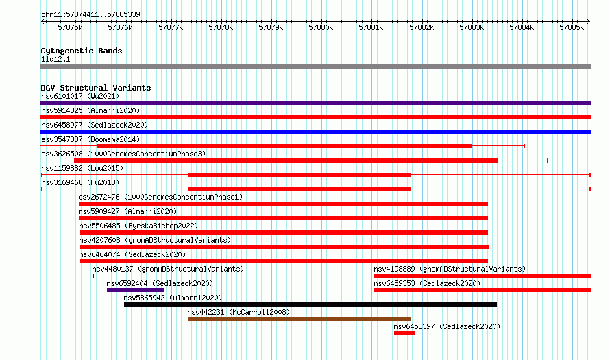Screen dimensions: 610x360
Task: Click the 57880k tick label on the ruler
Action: coord(321,27)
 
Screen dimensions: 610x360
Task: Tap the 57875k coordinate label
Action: coord(70,27)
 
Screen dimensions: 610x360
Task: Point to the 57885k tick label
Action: coord(572,27)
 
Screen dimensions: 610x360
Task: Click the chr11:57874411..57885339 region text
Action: coord(90,14)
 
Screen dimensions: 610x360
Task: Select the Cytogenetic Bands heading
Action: coord(82,51)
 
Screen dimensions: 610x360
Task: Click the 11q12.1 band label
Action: coord(56,59)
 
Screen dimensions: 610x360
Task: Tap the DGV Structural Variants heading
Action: coord(96,88)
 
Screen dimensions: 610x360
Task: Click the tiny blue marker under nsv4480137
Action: coord(93,276)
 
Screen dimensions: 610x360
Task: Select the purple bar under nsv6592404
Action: coord(136,290)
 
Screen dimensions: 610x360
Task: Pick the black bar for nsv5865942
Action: coord(310,304)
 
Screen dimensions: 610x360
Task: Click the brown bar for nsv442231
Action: coord(300,319)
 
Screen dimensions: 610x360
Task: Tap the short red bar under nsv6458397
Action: coord(404,333)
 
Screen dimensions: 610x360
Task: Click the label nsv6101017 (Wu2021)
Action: coord(80,96)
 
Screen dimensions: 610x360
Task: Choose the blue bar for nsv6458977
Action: coord(315,132)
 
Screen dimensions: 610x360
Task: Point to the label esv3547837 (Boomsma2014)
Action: coord(90,139)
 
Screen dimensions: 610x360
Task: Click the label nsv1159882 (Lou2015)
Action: coord(82,168)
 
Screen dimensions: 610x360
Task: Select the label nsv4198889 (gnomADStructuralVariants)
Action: coord(450,269)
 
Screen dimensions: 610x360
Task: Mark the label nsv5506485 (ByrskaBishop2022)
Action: coord(138,226)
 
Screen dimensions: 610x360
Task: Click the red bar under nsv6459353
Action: coord(483,290)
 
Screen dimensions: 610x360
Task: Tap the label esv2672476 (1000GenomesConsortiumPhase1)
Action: coord(160,197)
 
